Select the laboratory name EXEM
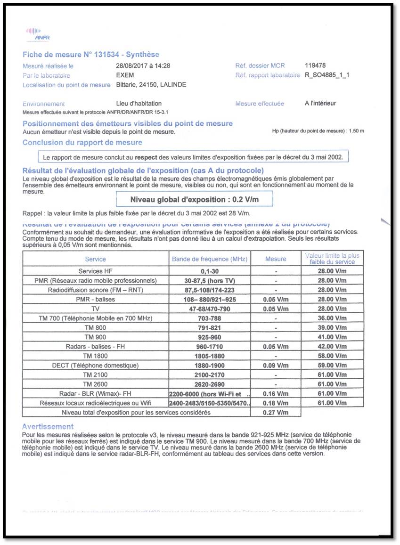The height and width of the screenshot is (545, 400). (x=125, y=75)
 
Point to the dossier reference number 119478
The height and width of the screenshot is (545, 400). (x=315, y=66)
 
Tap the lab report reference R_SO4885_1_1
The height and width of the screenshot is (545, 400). (x=327, y=75)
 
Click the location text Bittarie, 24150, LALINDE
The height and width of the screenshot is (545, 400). (x=151, y=85)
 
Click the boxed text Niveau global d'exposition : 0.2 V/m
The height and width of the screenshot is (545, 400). (x=194, y=199)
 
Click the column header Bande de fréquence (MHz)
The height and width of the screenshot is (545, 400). (x=210, y=259)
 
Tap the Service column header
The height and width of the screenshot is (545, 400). (x=95, y=259)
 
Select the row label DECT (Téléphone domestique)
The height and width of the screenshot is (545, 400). (x=95, y=366)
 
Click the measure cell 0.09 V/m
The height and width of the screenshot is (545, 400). (x=276, y=366)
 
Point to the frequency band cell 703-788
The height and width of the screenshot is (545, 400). (x=210, y=318)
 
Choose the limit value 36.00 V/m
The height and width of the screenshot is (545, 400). (x=332, y=318)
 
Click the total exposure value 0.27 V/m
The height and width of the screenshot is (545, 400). (x=276, y=413)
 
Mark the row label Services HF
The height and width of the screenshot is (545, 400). (x=95, y=271)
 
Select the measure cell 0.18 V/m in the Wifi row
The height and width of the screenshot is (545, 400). (x=276, y=403)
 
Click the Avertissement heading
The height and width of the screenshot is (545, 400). (x=48, y=427)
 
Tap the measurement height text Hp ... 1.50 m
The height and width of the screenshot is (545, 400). (x=318, y=131)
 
